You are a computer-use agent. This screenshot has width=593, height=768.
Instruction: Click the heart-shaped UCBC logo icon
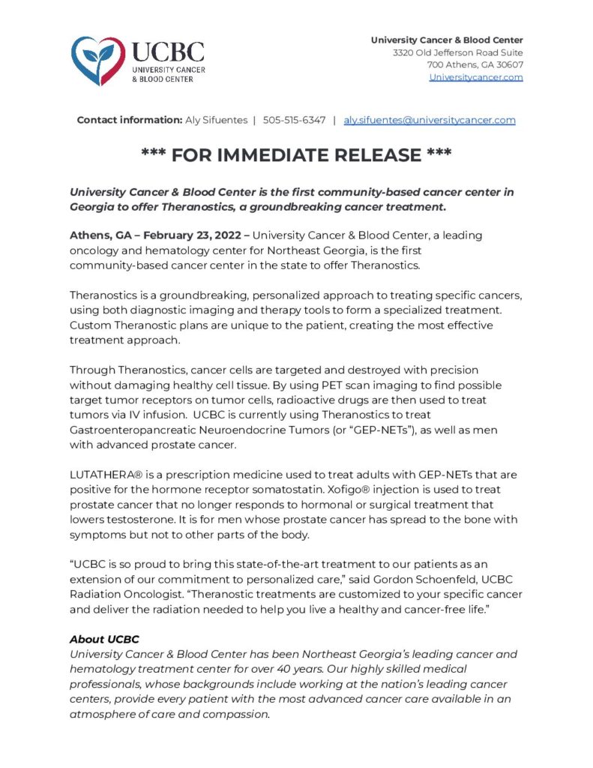tap(98, 61)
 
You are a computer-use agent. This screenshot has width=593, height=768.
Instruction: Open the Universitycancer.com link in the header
tap(476, 77)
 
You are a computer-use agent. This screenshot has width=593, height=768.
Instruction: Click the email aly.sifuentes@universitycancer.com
tap(430, 120)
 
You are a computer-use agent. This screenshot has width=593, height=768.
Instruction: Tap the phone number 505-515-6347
tap(294, 120)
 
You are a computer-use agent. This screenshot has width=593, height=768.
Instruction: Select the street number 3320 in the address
tap(405, 52)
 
